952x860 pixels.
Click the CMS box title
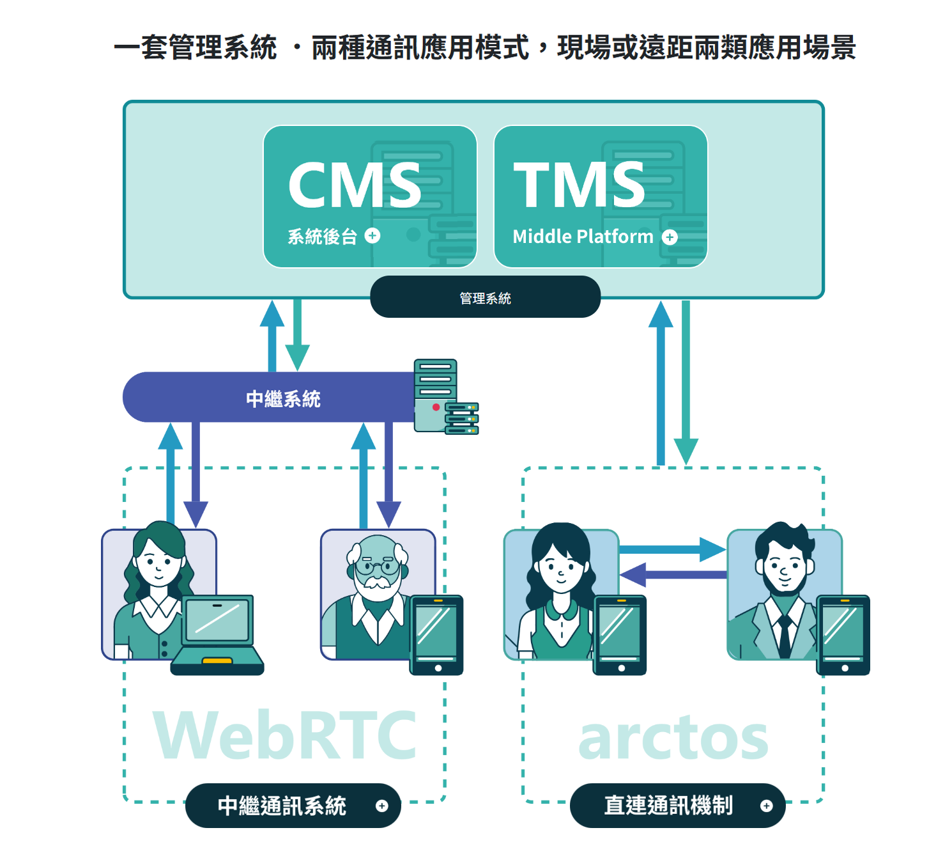coord(355,185)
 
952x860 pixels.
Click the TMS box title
coord(580,185)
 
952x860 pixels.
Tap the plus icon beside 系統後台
coord(372,236)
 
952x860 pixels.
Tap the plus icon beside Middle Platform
coord(670,237)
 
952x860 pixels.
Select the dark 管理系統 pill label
coord(485,298)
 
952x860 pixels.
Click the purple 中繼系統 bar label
coord(283,399)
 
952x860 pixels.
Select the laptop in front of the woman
coord(218,633)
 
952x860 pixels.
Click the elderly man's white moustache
coord(378,582)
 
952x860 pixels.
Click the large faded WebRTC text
coord(285,735)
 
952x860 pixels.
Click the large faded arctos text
coord(673,738)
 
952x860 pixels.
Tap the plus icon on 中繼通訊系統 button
coord(382,806)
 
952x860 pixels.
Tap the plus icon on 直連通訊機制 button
coord(767,806)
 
